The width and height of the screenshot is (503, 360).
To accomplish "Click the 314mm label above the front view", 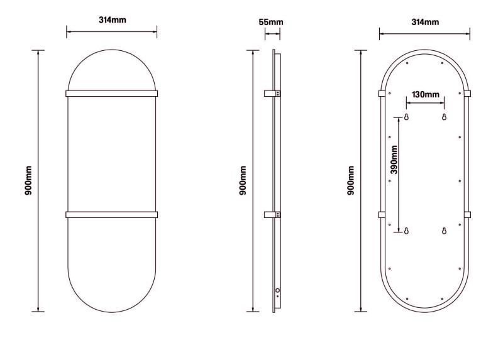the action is pos(113,20).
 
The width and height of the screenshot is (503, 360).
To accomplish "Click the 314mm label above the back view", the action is pos(425,22).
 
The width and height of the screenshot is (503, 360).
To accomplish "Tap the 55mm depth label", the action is pos(271,22).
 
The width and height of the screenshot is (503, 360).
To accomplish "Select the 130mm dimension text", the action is pos(426,95).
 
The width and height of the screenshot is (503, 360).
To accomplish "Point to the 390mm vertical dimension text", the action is pos(394,160).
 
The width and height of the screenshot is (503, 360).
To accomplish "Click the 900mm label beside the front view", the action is pos(28,180).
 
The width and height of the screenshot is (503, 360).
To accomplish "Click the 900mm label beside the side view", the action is pos(243,180).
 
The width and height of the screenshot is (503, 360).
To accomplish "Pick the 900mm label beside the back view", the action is pos(351,180).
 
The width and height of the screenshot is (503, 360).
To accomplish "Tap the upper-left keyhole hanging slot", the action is pos(406,117).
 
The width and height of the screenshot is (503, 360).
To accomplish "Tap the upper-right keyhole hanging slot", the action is pos(444,117).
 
